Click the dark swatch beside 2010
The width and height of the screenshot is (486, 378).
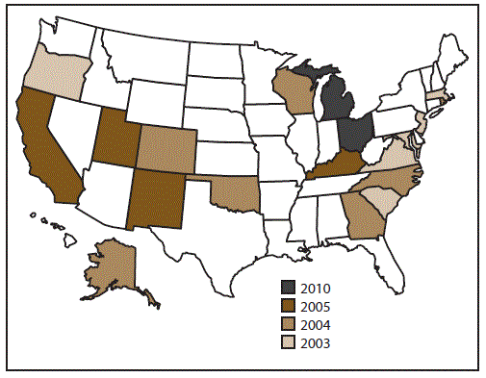pyautogui.click(x=289, y=287)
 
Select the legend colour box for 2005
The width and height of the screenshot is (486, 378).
pyautogui.click(x=289, y=306)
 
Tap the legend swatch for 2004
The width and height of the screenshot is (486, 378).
pyautogui.click(x=289, y=324)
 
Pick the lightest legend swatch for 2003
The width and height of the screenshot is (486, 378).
pyautogui.click(x=289, y=342)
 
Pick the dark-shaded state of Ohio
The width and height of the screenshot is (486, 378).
pyautogui.click(x=355, y=135)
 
